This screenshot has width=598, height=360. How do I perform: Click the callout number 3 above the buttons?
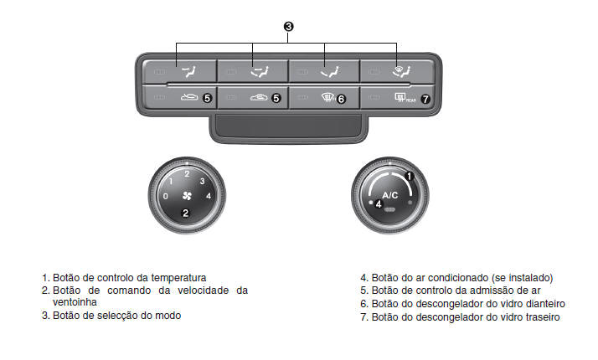point(288,27)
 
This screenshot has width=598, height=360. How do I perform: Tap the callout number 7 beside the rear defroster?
point(425,98)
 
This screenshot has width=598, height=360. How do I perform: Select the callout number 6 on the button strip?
point(340,98)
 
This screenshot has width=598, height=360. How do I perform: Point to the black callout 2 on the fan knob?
point(186,213)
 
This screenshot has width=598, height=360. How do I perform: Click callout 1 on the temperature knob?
point(410,176)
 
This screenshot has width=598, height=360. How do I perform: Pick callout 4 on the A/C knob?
point(379,203)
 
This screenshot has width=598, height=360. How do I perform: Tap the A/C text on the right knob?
point(390,194)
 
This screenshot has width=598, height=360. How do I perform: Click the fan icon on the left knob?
point(186,197)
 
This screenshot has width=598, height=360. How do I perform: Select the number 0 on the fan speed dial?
point(165,196)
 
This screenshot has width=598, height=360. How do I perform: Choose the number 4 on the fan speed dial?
point(208,196)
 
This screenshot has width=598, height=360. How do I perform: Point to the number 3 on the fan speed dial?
point(202,181)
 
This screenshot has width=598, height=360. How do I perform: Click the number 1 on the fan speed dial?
point(171,181)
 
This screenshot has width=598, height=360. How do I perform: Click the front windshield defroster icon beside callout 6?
point(323,98)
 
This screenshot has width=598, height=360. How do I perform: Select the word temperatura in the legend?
point(177,277)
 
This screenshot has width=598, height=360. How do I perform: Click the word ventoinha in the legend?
point(75,301)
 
